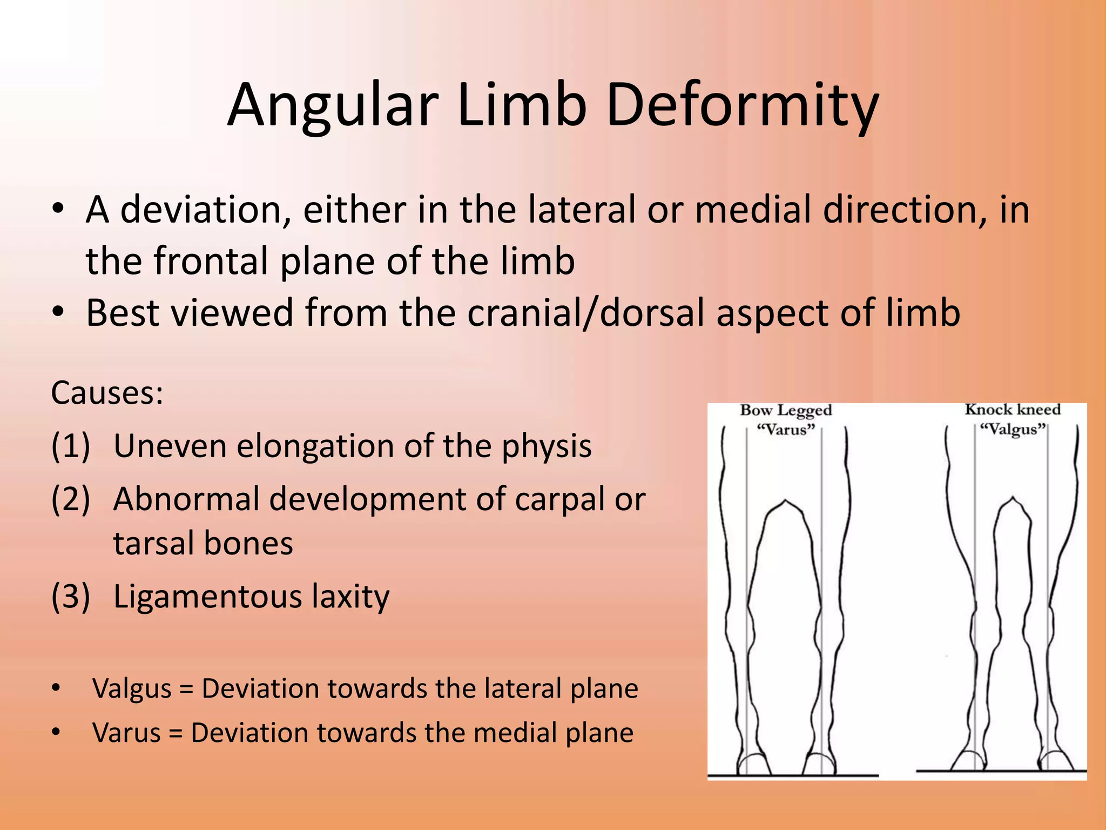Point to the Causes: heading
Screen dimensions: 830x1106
click(107, 393)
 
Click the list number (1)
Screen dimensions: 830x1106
click(70, 446)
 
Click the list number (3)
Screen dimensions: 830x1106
click(70, 597)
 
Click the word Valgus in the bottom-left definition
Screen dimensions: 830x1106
click(132, 689)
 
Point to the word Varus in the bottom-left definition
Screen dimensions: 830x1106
click(126, 733)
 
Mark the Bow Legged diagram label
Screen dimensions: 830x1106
click(786, 411)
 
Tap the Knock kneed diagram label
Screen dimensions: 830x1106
click(1013, 410)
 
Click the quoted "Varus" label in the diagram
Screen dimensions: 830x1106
click(786, 430)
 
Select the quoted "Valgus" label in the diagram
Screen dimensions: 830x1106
click(1013, 430)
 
